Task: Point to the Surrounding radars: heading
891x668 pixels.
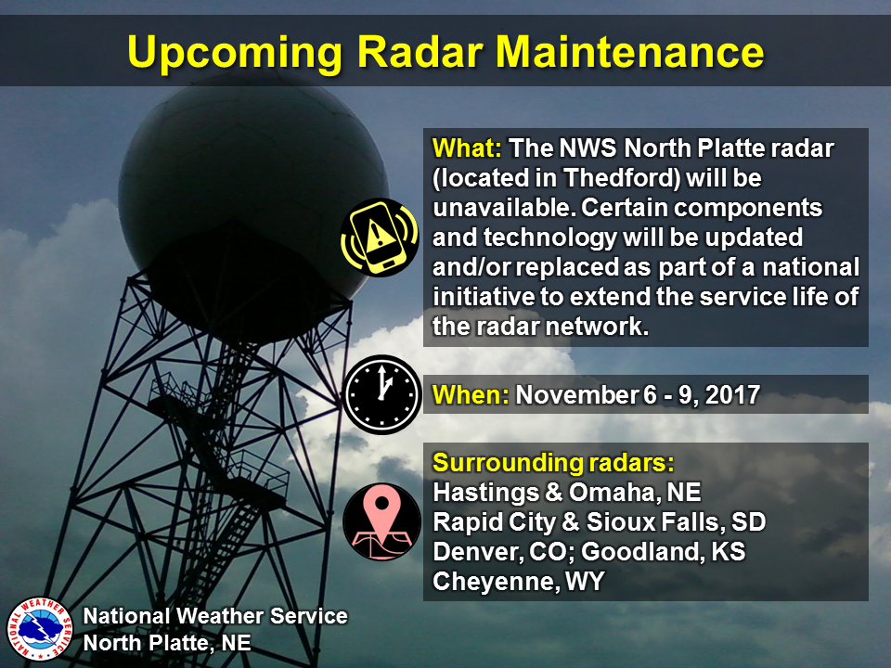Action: [x=553, y=461]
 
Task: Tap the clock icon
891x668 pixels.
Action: [x=382, y=394]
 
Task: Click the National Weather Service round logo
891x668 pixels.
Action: [x=39, y=627]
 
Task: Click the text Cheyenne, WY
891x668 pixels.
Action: [x=518, y=582]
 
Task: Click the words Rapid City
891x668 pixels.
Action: [x=490, y=521]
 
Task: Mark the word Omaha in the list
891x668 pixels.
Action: [x=609, y=492]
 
